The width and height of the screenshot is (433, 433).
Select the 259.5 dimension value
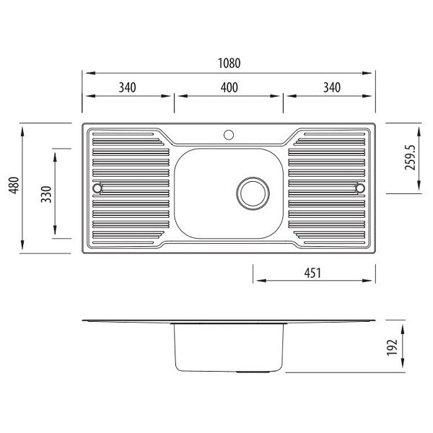[x=411, y=157]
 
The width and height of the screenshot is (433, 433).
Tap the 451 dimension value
[x=312, y=273]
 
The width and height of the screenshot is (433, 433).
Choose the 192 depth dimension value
[x=392, y=347]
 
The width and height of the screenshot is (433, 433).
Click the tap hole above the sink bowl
[x=229, y=134]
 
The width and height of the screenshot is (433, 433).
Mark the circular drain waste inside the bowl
[x=253, y=191]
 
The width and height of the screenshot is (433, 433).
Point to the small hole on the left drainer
[x=97, y=188]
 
